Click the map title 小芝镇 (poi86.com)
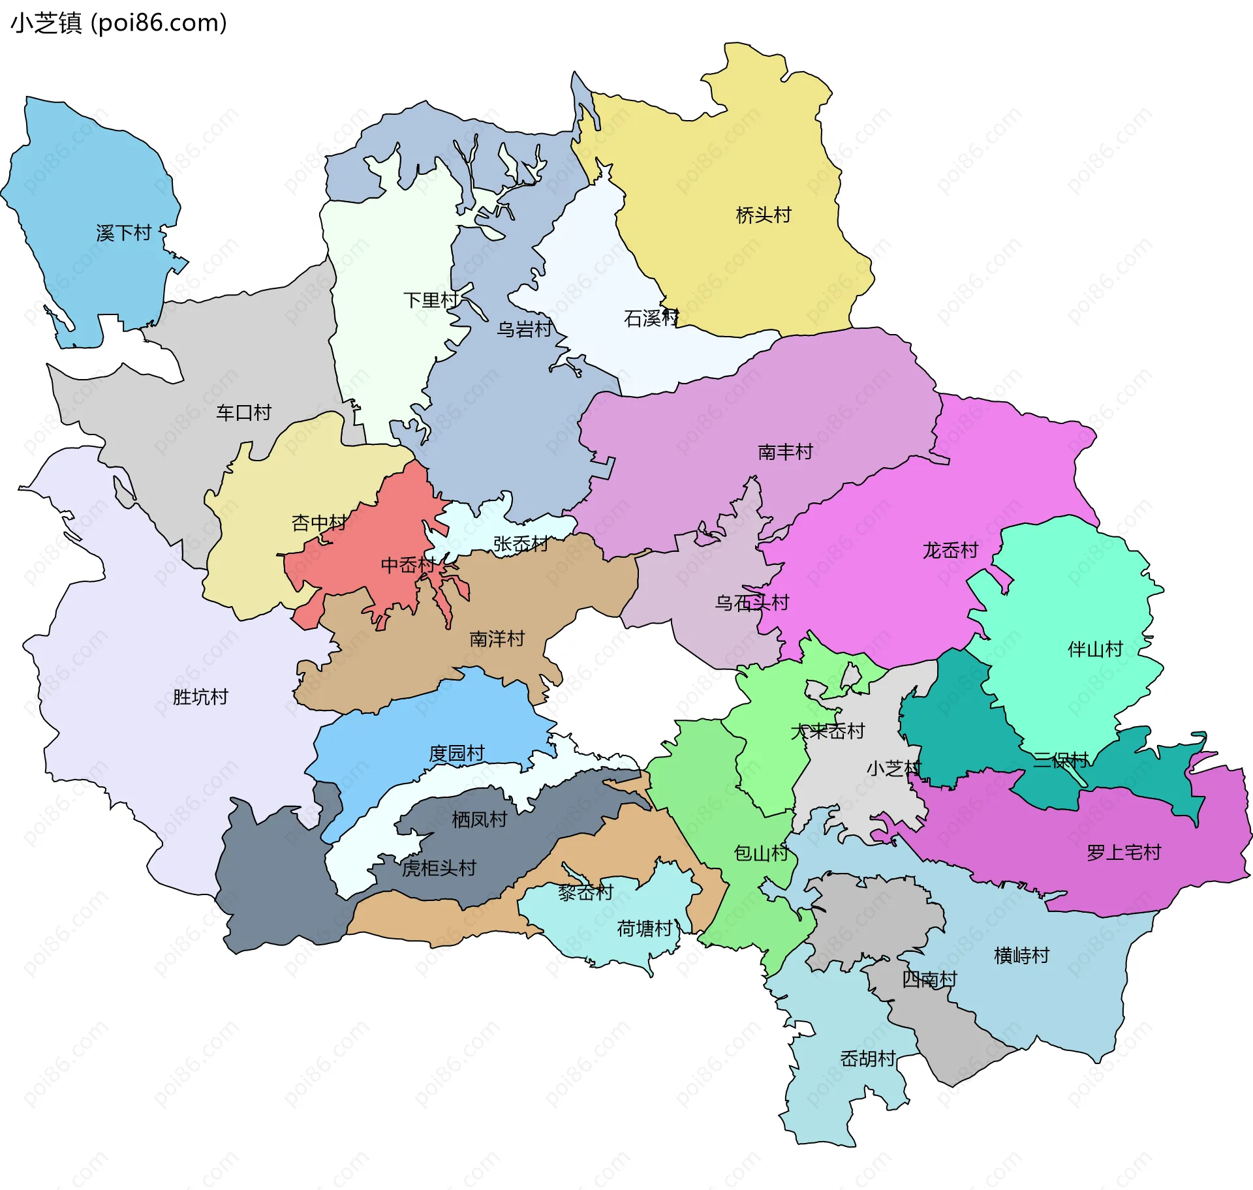[119, 23]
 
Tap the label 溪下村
[123, 233]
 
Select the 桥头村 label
[764, 215]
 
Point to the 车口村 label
[243, 412]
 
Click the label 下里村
[431, 300]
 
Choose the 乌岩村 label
[525, 329]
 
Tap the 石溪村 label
[651, 318]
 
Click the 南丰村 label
[785, 451]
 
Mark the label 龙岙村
[950, 550]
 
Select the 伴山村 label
[1095, 648]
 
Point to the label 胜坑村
[200, 697]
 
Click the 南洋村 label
[497, 638]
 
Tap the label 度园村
[457, 754]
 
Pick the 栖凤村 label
[480, 819]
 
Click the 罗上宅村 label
[1124, 852]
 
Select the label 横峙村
[1021, 955]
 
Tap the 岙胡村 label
[867, 1058]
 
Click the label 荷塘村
[645, 928]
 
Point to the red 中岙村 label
[409, 565]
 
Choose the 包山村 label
[761, 853]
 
